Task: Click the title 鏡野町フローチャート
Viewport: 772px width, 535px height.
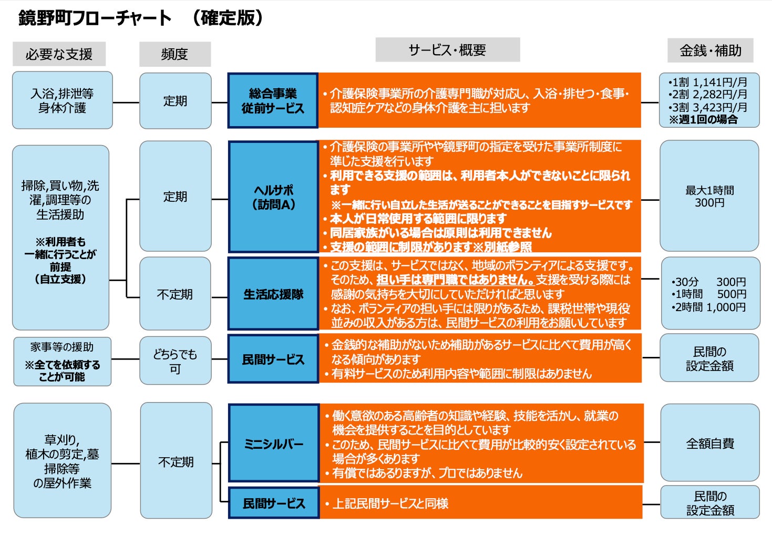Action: click(x=95, y=18)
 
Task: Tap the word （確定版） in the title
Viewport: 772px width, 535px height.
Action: click(x=227, y=18)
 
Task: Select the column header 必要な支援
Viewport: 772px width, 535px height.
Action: click(x=59, y=54)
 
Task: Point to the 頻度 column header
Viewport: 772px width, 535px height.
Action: click(x=174, y=54)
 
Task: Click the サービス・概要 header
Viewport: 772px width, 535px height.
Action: click(x=447, y=50)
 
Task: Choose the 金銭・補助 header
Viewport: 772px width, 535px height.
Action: click(x=710, y=50)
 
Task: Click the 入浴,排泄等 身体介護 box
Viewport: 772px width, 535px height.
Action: click(x=62, y=100)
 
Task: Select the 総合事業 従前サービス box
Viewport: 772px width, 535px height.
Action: click(x=273, y=100)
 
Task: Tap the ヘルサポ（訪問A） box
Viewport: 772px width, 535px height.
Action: click(x=273, y=197)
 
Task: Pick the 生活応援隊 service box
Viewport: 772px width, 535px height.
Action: click(x=273, y=294)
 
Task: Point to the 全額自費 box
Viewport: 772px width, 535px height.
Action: click(x=709, y=443)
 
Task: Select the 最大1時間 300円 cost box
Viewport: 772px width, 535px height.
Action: click(x=709, y=196)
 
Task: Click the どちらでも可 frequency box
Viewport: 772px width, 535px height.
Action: click(x=175, y=361)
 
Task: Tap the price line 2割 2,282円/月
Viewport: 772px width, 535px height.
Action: click(x=709, y=95)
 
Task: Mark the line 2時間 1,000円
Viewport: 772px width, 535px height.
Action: click(x=709, y=307)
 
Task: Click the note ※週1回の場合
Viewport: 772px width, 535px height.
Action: click(x=703, y=120)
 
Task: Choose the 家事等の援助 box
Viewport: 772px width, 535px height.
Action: click(x=62, y=362)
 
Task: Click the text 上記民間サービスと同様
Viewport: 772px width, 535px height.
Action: click(x=390, y=503)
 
